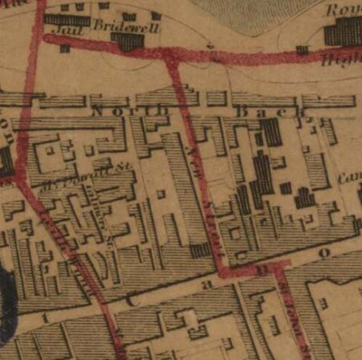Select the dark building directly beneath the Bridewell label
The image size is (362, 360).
(x=127, y=41)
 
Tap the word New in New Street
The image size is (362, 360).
(x=195, y=160)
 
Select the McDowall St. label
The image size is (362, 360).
(x=87, y=176)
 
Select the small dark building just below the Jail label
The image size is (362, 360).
(x=65, y=48)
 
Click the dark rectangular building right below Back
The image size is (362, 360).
(x=271, y=132)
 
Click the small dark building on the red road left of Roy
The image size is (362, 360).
(x=302, y=50)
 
